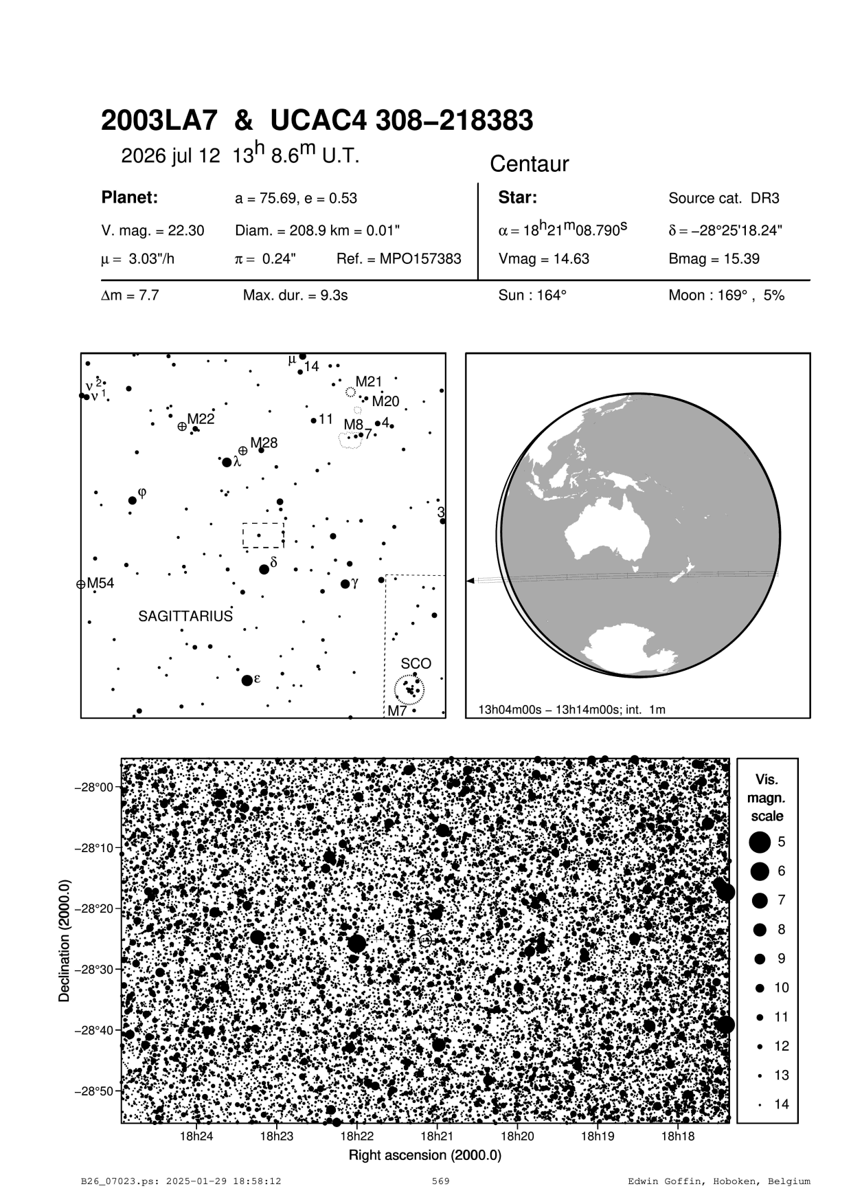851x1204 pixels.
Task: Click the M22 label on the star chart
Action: (x=201, y=419)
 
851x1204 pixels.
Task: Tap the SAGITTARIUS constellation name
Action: (x=185, y=616)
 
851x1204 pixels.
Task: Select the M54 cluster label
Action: (x=100, y=583)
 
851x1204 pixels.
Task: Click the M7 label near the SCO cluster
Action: (x=397, y=711)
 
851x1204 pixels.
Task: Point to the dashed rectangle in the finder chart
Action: (x=262, y=535)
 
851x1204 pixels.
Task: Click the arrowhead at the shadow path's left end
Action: (x=470, y=581)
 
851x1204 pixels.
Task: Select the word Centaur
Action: (x=529, y=164)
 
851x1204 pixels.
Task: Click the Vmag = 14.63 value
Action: (x=543, y=259)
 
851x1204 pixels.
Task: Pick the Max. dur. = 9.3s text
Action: (x=295, y=296)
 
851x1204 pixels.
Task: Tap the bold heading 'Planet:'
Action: (x=130, y=198)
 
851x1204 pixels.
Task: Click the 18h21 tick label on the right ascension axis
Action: (x=437, y=1136)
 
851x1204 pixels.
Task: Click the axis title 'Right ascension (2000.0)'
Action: (x=424, y=1155)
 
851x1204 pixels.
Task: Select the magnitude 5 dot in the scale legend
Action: (x=760, y=841)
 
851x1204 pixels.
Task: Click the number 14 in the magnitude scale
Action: (x=782, y=1104)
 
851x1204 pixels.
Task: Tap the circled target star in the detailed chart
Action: (x=425, y=940)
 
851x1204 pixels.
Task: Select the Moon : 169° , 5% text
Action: (x=726, y=296)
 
